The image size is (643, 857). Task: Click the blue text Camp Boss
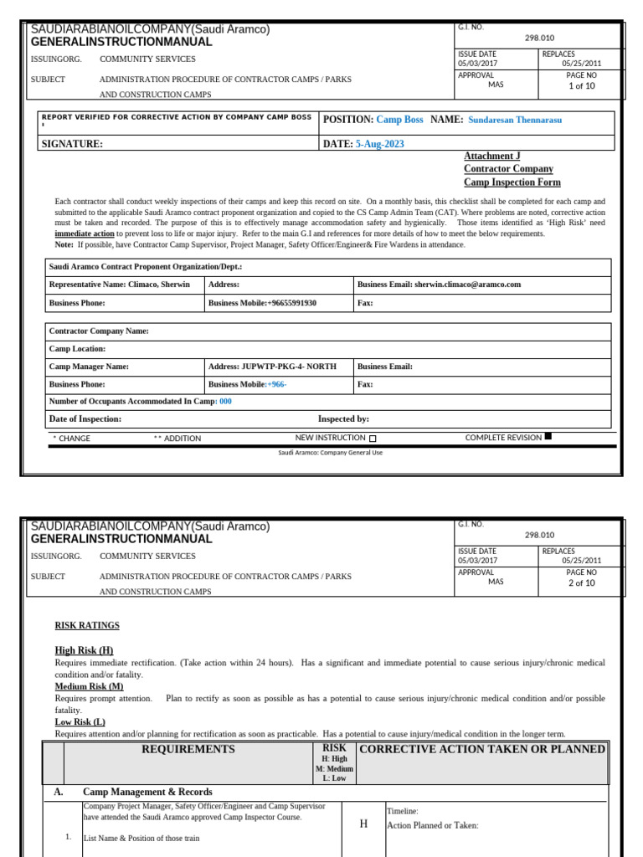[x=399, y=120]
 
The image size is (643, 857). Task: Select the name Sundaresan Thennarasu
[x=515, y=120]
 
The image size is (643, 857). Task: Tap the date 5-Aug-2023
[x=379, y=144]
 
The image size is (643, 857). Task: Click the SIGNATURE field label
[x=72, y=144]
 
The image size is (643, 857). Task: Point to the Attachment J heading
[x=491, y=156]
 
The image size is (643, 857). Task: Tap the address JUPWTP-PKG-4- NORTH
[x=288, y=367]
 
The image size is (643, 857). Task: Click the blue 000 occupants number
[x=225, y=402]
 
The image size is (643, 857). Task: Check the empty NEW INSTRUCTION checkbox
[x=373, y=439]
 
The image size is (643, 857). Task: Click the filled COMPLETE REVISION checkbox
[x=548, y=436]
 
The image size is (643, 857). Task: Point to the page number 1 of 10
[x=581, y=85]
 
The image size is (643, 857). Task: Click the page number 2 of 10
[x=581, y=583]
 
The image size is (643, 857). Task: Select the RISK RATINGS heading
[x=87, y=625]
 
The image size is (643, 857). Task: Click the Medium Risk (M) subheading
[x=89, y=686]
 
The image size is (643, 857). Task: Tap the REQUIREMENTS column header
[x=188, y=749]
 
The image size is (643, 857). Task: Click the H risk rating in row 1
[x=363, y=824]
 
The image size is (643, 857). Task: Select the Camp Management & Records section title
[x=147, y=792]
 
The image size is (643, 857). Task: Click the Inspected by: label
[x=343, y=419]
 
